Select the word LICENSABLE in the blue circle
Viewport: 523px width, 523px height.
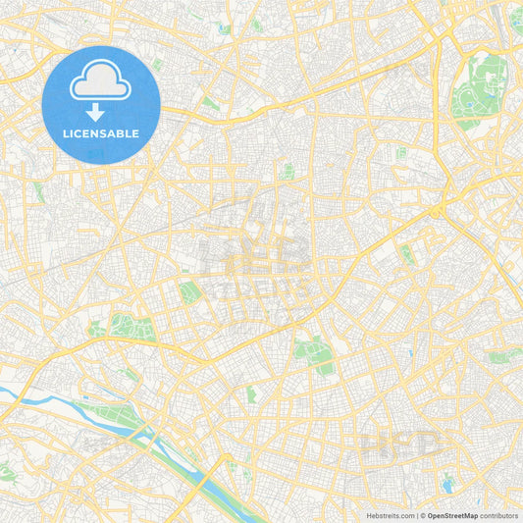coord(101,132)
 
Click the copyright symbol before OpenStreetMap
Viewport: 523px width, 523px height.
coord(421,514)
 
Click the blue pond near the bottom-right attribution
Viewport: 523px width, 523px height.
coord(448,482)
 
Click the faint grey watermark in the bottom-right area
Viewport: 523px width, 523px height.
coord(402,446)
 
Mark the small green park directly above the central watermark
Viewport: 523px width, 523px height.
coord(288,172)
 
